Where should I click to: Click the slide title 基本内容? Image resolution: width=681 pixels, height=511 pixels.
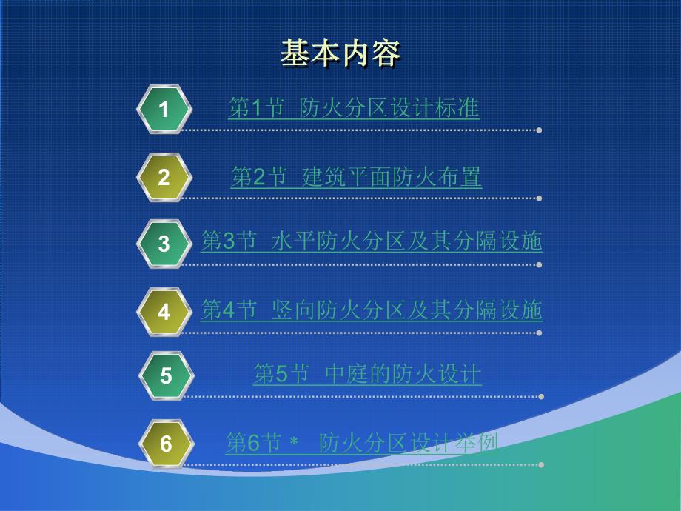(340, 54)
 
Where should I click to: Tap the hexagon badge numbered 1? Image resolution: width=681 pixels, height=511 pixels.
(164, 110)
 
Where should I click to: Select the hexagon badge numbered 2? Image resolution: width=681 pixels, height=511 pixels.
(164, 178)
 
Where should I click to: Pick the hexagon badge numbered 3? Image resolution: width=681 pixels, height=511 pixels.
(164, 244)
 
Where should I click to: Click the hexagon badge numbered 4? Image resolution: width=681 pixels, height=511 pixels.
(164, 312)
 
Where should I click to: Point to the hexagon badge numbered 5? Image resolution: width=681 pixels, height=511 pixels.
(166, 376)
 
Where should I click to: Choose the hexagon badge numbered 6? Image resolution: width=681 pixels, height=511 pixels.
(166, 444)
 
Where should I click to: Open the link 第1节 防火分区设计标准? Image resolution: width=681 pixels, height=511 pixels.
(354, 109)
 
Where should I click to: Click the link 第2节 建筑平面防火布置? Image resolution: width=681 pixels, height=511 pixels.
(356, 177)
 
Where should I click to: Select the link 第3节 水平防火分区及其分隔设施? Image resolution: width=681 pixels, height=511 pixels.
(372, 242)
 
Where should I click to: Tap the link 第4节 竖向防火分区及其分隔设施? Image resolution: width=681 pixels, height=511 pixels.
(372, 310)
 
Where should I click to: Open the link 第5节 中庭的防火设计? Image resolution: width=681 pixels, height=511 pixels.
(367, 375)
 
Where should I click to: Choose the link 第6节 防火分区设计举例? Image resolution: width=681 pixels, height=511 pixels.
(361, 443)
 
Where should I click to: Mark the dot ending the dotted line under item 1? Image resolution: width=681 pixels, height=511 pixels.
(540, 130)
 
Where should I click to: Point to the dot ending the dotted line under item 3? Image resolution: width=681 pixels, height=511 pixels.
(540, 264)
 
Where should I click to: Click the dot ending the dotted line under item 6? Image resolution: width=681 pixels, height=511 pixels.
(541, 465)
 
